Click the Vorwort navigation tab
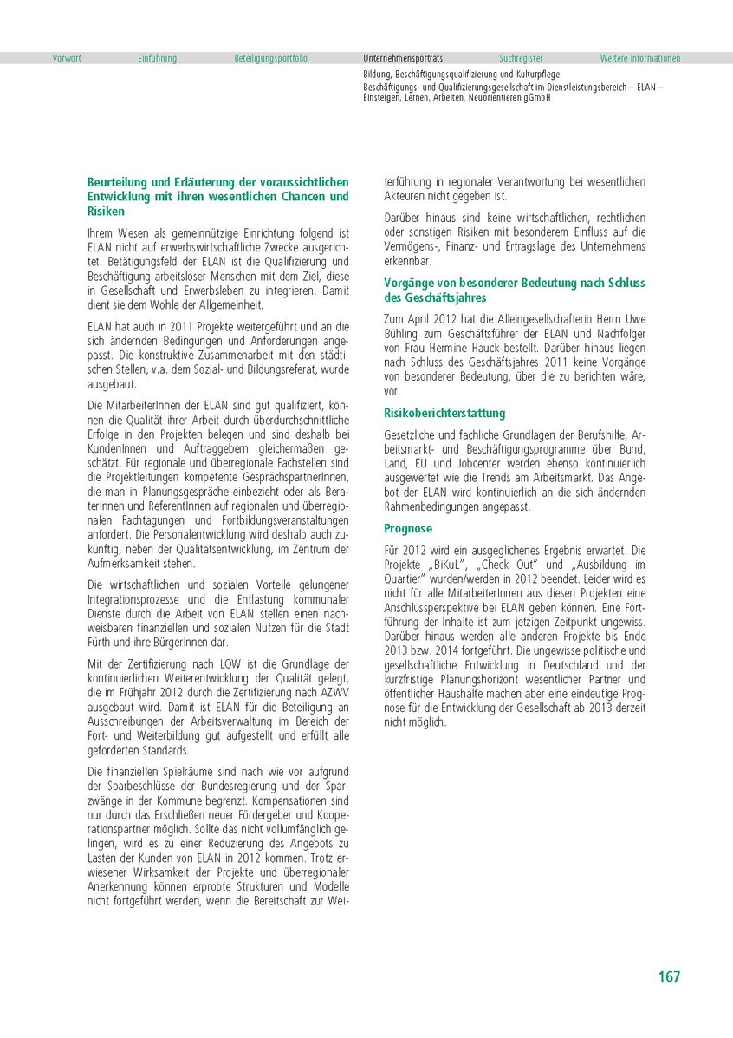(x=67, y=58)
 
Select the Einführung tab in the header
(x=157, y=58)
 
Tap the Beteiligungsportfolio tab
(x=270, y=58)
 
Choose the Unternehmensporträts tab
(x=403, y=58)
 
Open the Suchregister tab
(x=521, y=58)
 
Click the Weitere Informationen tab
(x=640, y=58)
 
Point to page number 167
(x=669, y=976)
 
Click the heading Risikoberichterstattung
(x=444, y=413)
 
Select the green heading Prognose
(x=408, y=528)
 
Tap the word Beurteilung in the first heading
(x=119, y=183)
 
